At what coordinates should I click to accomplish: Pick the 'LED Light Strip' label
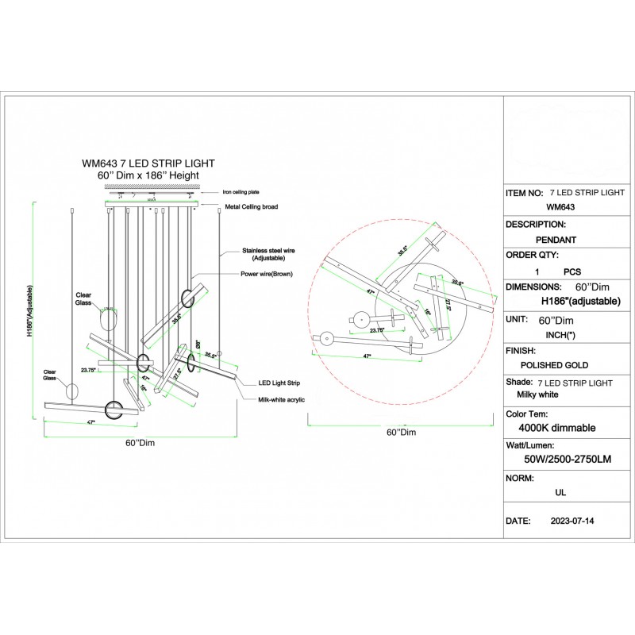pos(277,383)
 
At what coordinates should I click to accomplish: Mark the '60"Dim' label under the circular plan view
pos(401,433)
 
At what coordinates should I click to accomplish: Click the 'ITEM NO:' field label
pos(525,193)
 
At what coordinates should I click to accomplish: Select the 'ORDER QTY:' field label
pos(532,256)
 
